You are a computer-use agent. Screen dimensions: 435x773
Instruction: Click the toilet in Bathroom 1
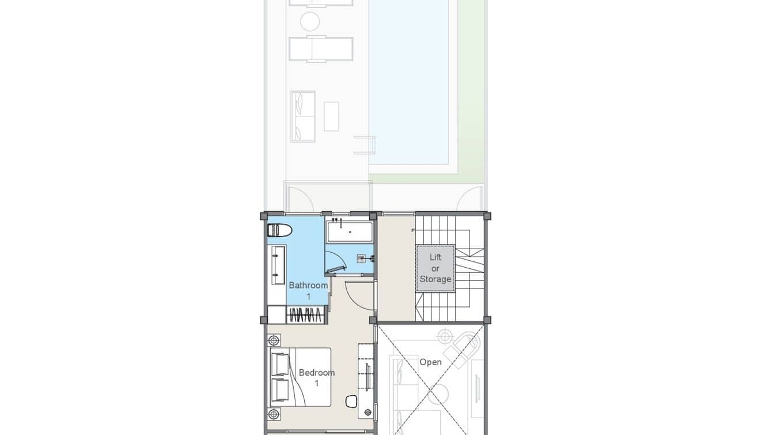(x=281, y=230)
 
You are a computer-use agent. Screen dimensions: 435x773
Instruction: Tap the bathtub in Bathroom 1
(x=350, y=232)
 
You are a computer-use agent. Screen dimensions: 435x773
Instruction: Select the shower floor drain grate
(x=362, y=258)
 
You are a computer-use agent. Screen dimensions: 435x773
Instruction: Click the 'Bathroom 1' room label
(x=308, y=290)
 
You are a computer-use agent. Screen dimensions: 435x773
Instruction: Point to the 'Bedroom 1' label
(x=316, y=378)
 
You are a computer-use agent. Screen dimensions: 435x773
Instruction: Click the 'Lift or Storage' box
(x=435, y=268)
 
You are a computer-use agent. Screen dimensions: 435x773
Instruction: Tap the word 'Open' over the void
(x=430, y=362)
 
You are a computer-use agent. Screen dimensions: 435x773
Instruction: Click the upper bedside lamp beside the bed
(x=275, y=340)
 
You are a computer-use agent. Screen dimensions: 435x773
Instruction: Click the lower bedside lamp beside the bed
(x=275, y=414)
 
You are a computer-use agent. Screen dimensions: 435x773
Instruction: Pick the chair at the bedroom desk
(x=352, y=400)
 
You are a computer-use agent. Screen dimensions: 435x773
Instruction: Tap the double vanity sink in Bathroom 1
(x=278, y=265)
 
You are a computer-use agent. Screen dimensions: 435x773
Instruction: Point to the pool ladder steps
(x=365, y=145)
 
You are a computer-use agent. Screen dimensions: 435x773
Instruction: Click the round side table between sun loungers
(x=310, y=22)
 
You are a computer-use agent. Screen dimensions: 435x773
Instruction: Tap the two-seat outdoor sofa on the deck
(x=303, y=116)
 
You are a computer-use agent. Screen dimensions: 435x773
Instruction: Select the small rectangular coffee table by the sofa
(x=331, y=116)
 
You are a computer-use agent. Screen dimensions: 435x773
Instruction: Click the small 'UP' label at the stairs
(x=412, y=230)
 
